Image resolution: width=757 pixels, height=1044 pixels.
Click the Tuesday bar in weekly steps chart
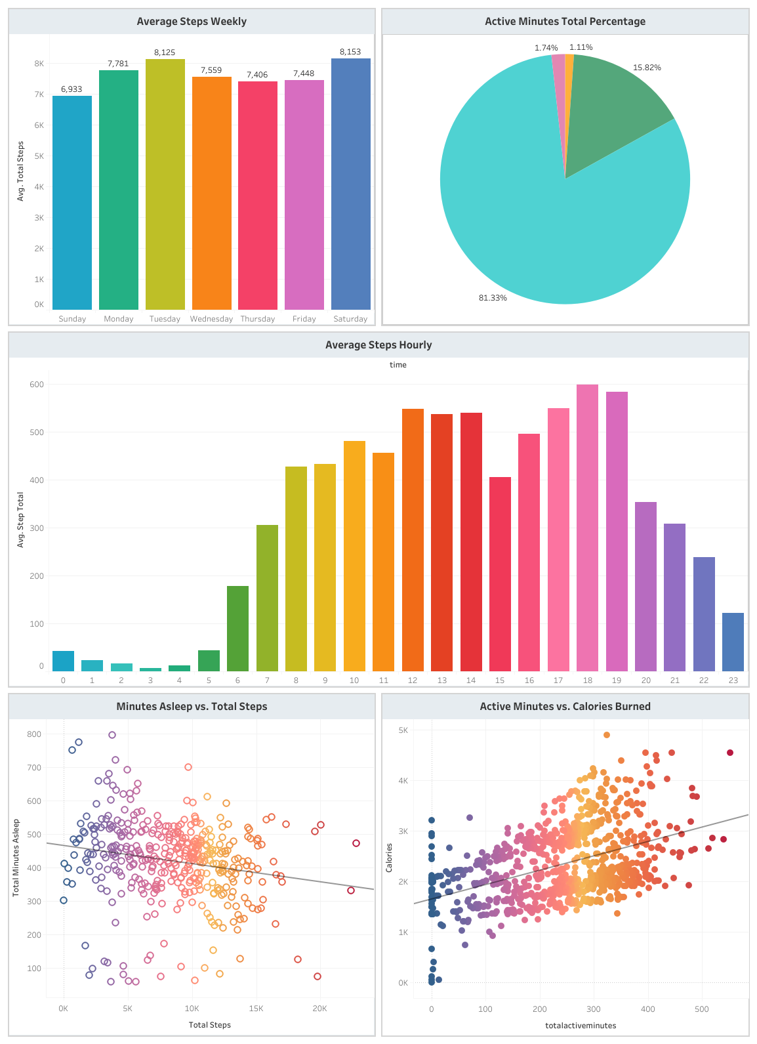coord(165,184)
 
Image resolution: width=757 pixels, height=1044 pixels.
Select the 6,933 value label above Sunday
coord(72,89)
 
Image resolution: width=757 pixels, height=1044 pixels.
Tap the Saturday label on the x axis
coord(350,319)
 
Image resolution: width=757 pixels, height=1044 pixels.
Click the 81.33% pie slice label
coord(493,298)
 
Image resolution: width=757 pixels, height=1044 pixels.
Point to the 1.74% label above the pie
coord(546,48)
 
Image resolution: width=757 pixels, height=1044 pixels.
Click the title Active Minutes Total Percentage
coord(565,22)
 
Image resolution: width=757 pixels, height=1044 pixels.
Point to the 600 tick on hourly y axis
coord(36,385)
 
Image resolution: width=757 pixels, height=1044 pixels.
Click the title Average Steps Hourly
coord(378,345)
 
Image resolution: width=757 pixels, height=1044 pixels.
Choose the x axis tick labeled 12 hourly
coord(412,680)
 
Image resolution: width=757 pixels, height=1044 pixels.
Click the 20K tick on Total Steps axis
coord(319,1009)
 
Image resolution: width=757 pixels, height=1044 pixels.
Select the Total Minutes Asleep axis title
coord(16,858)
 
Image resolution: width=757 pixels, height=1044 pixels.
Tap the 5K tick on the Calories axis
coord(403,730)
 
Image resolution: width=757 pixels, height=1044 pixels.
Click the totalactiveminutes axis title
coord(581,1026)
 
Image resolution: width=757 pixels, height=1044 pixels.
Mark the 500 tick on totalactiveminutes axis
coord(701,1009)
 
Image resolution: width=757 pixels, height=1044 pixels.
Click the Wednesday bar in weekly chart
coord(211,193)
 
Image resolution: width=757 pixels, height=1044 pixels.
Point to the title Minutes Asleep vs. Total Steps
coord(192,707)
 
